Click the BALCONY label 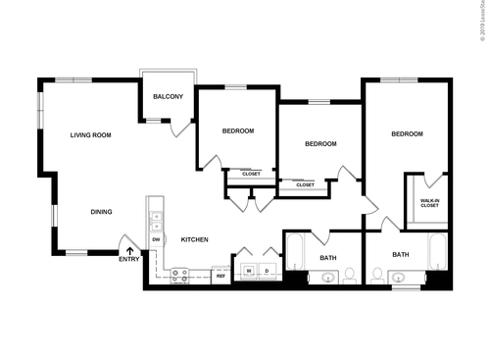point(167,96)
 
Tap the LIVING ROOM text point(90,135)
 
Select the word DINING point(101,212)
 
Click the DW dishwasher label point(156,239)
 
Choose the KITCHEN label point(194,239)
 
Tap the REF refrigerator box point(220,276)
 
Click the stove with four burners point(179,277)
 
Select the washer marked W point(249,270)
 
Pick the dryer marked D point(266,270)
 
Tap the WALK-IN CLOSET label point(429,203)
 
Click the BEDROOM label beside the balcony point(237,131)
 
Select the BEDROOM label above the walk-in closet point(407,134)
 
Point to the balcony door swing point(178,128)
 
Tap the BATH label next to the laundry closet point(327,258)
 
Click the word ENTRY point(128,260)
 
